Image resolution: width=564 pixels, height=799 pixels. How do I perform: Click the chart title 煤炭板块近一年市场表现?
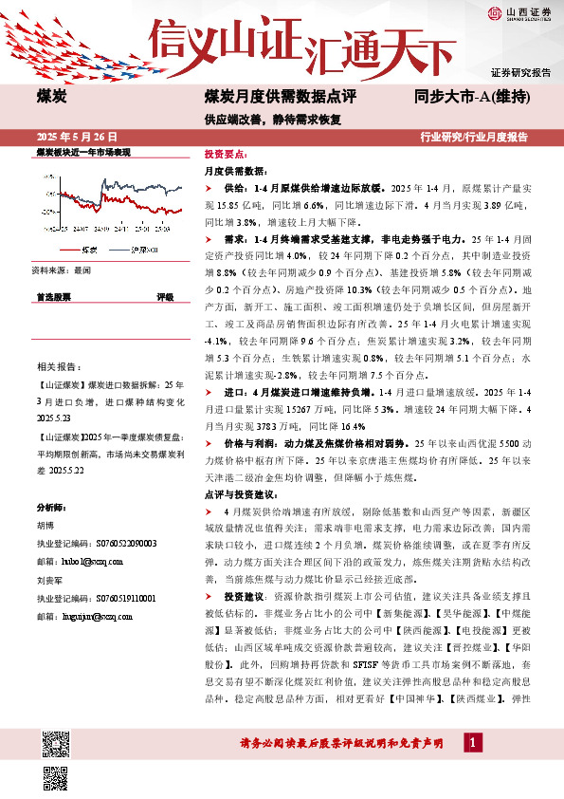click(82, 152)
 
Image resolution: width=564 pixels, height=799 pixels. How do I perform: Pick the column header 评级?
click(164, 297)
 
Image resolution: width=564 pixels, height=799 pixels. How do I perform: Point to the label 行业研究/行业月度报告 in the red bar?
click(473, 137)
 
